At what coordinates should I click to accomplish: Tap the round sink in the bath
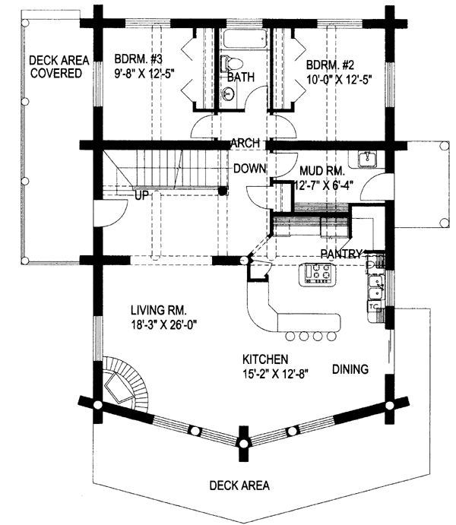(229, 93)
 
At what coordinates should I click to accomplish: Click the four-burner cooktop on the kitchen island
(317, 271)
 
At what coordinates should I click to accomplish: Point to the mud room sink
(367, 158)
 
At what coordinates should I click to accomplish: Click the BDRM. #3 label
(138, 59)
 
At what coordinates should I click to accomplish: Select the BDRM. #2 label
(330, 64)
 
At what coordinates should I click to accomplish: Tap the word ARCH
(245, 143)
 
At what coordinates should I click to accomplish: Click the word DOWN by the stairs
(249, 168)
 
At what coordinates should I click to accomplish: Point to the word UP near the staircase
(141, 195)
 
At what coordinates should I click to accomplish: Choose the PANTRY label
(341, 254)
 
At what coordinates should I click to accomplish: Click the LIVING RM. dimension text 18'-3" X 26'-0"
(163, 324)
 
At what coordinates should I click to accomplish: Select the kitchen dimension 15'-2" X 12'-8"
(275, 373)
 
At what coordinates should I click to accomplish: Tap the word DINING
(350, 369)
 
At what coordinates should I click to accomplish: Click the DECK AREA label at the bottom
(239, 485)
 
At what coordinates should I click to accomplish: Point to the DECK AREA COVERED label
(59, 67)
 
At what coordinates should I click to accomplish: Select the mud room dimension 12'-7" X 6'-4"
(324, 185)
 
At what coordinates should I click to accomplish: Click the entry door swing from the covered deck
(110, 213)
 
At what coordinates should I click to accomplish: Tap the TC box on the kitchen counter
(374, 306)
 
